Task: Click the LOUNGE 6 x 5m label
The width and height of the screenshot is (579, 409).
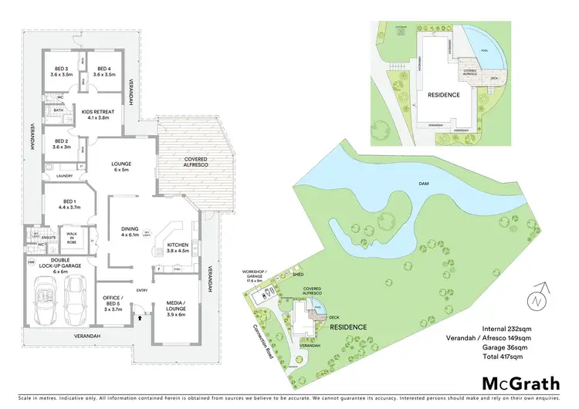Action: coord(120,167)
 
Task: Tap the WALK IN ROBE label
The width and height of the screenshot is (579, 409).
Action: coord(72,238)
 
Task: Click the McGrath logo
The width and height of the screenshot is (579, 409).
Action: coord(517,383)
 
